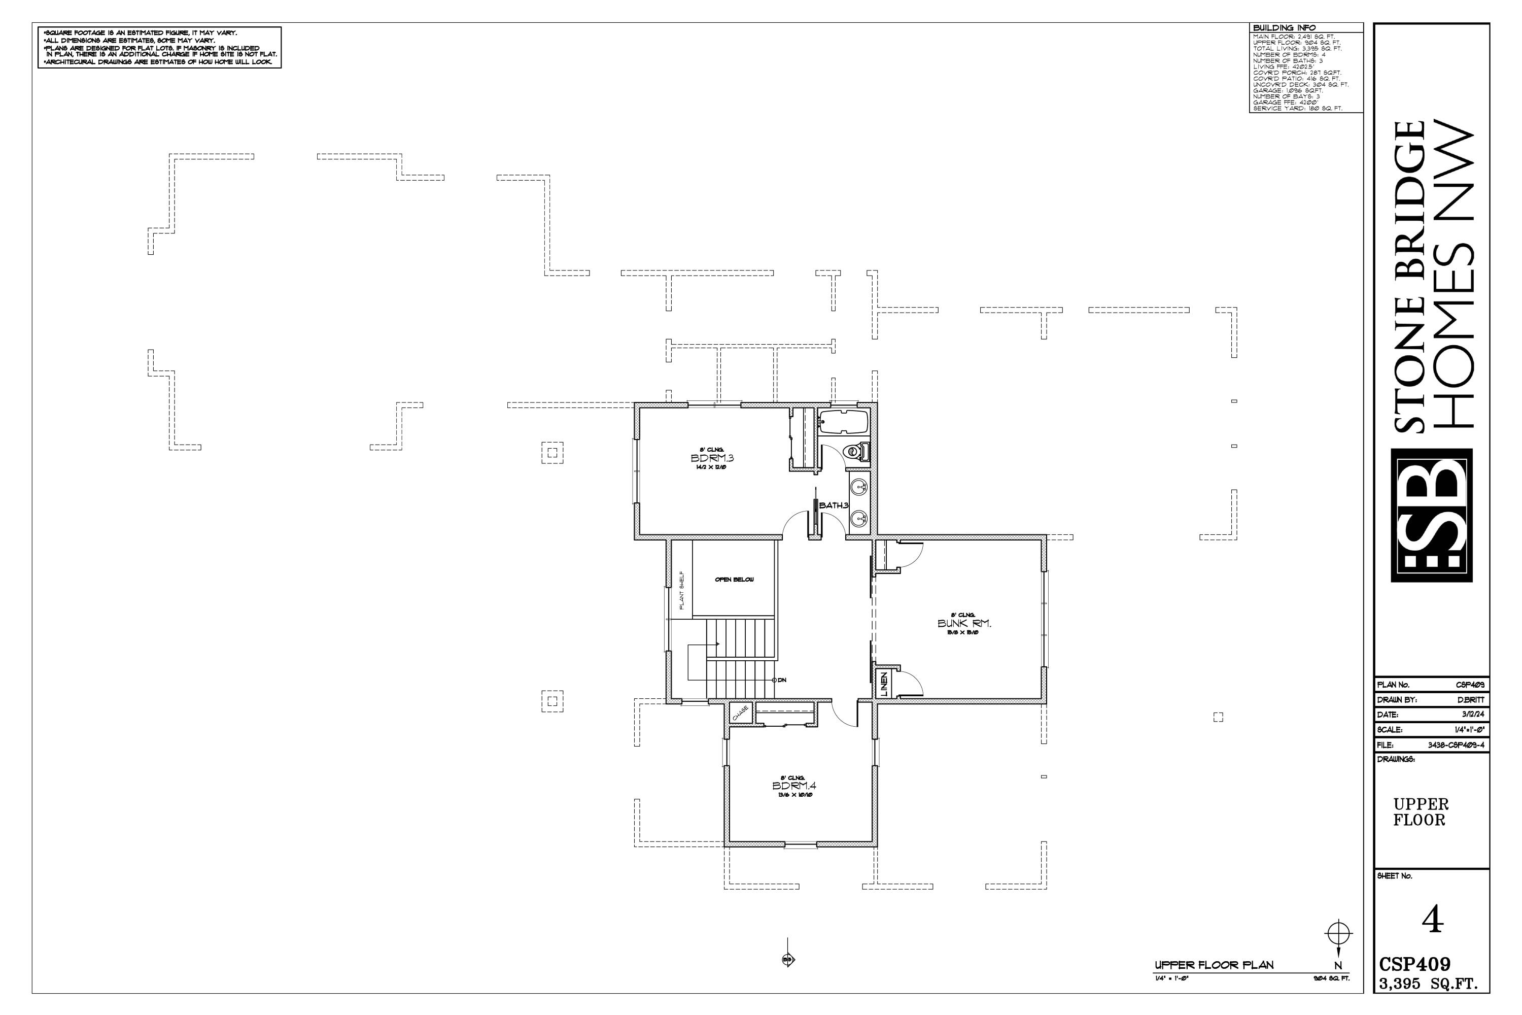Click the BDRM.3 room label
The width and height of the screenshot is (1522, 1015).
712,458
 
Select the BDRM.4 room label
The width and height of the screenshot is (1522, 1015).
794,786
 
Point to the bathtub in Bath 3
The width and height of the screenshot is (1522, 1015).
843,421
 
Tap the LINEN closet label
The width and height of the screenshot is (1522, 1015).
884,684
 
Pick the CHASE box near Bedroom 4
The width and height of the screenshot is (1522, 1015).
740,713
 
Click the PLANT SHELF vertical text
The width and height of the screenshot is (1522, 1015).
681,590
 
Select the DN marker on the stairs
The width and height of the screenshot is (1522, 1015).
781,680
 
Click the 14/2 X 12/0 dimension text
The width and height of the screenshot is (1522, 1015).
712,467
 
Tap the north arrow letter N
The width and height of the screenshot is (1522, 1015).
1338,966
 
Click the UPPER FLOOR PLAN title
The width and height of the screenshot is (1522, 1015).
1214,965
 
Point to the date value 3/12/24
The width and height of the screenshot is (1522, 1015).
1473,715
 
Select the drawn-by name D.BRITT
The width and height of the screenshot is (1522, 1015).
1471,700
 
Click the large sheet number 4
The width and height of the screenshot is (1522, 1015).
1433,920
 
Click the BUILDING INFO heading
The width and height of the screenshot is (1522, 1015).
1284,28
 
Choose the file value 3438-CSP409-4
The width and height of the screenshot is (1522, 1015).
1456,745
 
